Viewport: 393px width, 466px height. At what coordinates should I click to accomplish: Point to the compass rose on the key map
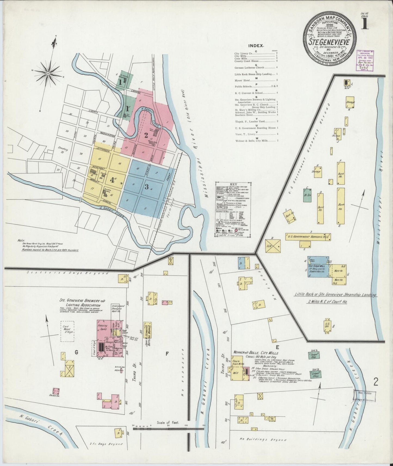(x=48, y=73)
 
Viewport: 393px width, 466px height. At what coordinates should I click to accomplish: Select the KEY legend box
(x=233, y=209)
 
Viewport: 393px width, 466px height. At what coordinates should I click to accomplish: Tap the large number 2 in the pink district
(x=146, y=134)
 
